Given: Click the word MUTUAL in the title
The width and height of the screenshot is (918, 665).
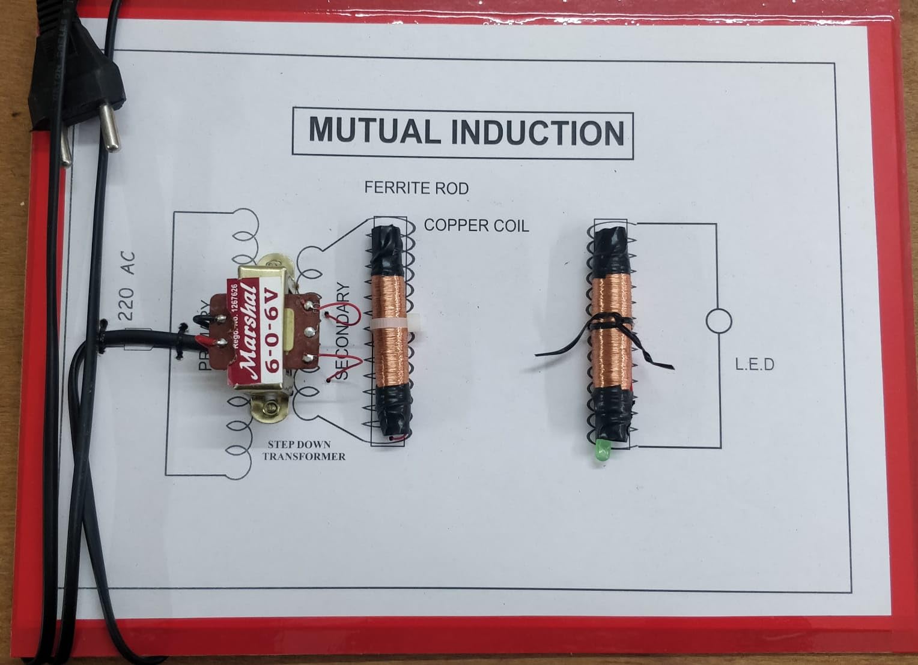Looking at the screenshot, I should point(372,131).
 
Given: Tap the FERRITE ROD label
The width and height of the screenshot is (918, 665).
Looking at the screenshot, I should point(416,188).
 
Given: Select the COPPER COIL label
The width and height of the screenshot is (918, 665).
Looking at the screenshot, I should point(476,226).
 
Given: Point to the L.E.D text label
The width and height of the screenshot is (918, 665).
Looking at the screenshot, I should point(755,364).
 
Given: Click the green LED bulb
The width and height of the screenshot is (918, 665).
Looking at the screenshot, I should point(601,451).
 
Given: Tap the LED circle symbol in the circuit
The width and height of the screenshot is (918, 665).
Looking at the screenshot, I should point(719,322).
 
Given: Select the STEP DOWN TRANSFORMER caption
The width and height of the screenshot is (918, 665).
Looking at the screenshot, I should point(303,450).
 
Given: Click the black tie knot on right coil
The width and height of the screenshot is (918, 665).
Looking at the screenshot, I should point(608,324).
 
